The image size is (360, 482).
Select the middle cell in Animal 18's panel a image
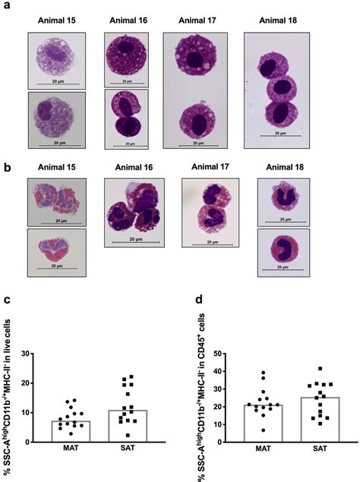pos(276,85)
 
